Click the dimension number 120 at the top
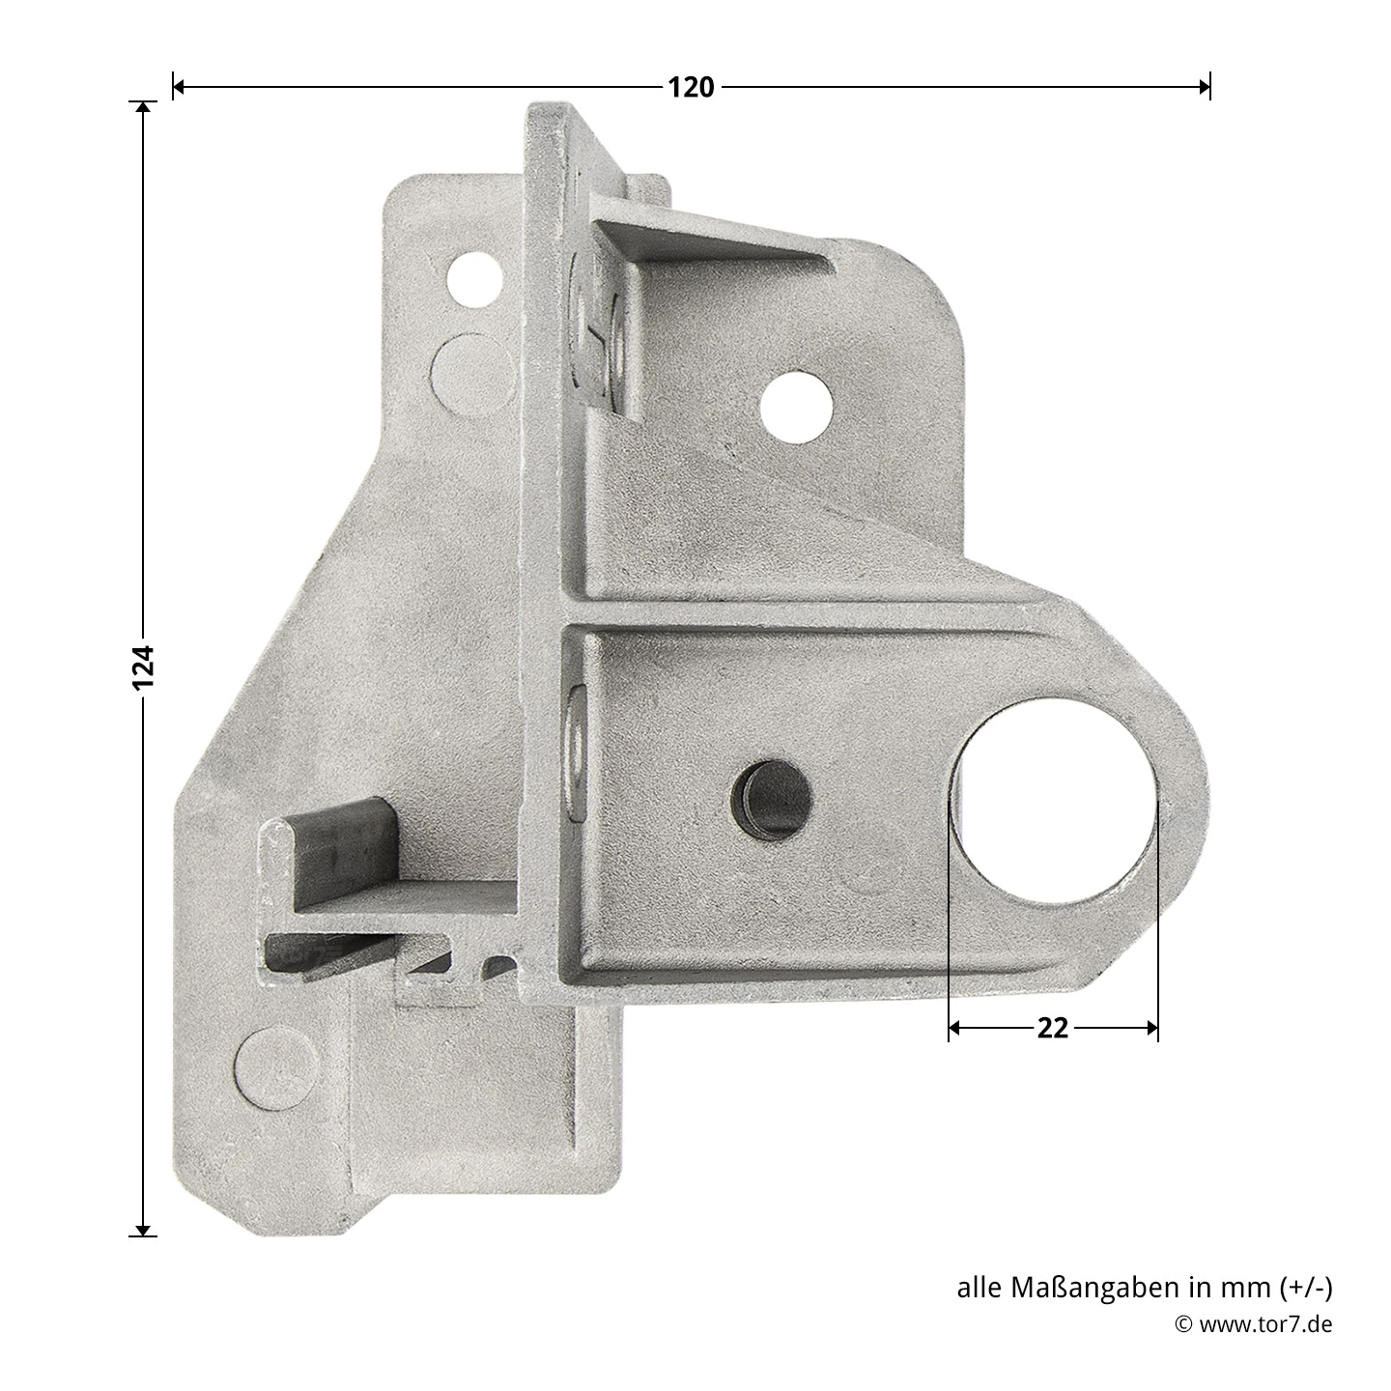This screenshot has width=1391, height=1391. (x=691, y=88)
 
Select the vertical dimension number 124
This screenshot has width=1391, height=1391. (x=143, y=667)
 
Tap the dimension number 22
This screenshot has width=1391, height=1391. (x=1052, y=1029)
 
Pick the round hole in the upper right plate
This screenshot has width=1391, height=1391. (x=796, y=406)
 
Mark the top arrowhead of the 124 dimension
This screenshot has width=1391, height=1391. (x=143, y=108)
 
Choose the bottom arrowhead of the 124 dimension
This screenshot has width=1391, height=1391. (x=143, y=1229)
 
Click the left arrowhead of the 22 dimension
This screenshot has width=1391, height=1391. (x=955, y=1029)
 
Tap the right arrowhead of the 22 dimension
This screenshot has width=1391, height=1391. (x=1151, y=1029)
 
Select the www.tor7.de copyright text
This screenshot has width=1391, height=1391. (x=1265, y=1324)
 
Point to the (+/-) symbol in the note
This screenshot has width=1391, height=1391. (x=1305, y=1288)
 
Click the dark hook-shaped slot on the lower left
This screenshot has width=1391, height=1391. (x=338, y=850)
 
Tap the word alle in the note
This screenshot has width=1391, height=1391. (x=979, y=1288)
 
